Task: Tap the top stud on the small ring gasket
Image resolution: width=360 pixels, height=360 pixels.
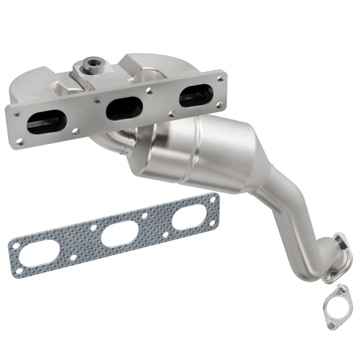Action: pos(341,287)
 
